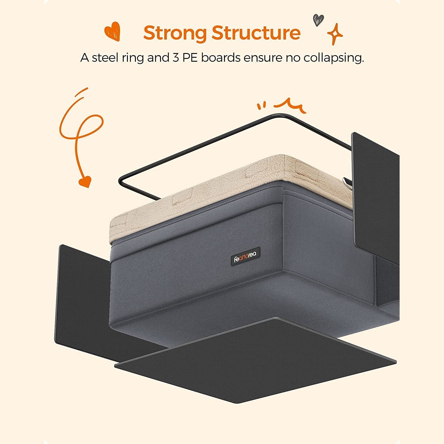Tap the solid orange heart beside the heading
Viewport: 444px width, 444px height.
click(x=112, y=31)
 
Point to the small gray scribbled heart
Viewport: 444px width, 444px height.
click(x=318, y=20)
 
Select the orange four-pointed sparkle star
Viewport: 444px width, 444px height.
click(x=335, y=34)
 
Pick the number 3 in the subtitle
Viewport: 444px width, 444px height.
click(x=176, y=58)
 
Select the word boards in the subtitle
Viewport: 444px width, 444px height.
click(x=221, y=57)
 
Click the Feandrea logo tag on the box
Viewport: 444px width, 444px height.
click(x=245, y=256)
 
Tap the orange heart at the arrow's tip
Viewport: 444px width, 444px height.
click(x=85, y=182)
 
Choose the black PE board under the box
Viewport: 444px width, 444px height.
click(x=255, y=360)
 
